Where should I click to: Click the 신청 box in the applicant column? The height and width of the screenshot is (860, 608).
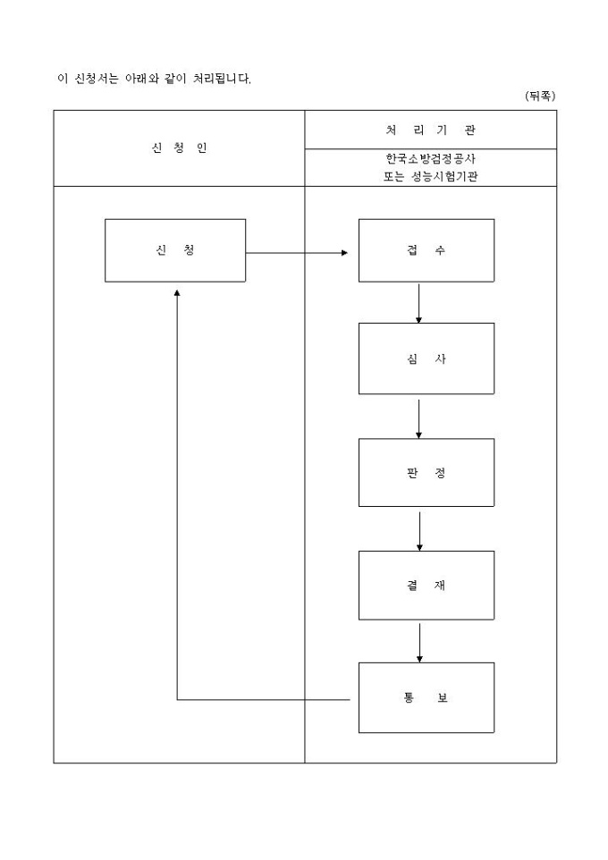175,250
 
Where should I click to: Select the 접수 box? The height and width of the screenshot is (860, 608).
426,250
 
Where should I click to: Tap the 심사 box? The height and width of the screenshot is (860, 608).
426,358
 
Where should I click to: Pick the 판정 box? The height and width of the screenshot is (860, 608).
426,472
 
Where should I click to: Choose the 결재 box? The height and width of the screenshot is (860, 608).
426,586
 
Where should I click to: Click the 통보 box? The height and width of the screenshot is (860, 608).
426,697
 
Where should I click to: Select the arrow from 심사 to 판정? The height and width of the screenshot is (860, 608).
418,417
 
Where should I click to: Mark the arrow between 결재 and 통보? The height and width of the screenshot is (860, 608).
419,642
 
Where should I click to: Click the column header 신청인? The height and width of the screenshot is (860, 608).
179,148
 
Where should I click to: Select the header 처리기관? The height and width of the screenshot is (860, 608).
430,130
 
